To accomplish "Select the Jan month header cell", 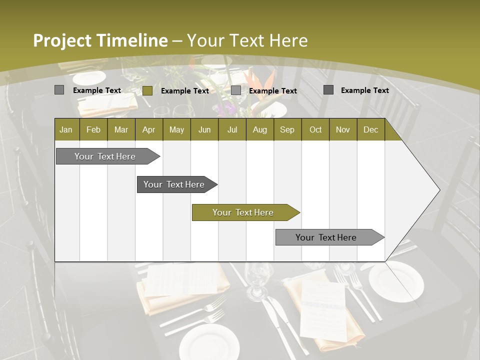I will pos(66,129).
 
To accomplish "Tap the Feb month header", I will pos(93,129).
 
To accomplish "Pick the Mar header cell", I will pos(121,129).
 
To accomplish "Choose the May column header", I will pos(176,129).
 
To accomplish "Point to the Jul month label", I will pos(232,129).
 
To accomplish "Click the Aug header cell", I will pos(259,129).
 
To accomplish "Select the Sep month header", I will pos(287,129).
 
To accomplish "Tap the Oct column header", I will pos(315,129).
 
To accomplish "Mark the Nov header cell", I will pos(343,129).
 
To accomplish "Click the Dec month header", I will pos(370,129).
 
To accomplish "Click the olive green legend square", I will pos(147,90).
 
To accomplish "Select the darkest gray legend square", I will pos(328,90).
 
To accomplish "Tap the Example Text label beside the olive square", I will pos(185,91).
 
